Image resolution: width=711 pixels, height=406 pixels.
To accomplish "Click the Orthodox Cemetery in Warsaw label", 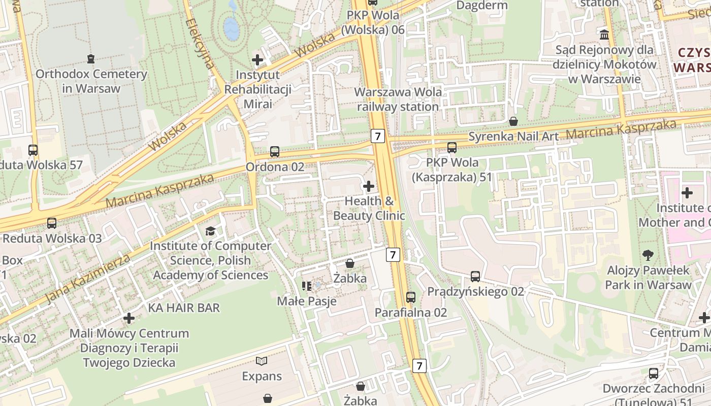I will pos(91,81).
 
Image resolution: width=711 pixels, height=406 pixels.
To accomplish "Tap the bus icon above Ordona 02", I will pos(275,151).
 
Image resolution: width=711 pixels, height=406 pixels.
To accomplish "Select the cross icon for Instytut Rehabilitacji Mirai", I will pos(257,60).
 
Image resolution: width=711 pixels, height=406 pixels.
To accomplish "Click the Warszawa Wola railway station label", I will pos(398,99).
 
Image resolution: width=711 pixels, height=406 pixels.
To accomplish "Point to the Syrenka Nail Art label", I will pos(513,136).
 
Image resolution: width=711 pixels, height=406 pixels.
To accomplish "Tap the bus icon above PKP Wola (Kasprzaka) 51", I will pos(451,148).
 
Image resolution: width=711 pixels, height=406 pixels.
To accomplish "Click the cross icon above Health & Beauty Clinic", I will pos(369,186).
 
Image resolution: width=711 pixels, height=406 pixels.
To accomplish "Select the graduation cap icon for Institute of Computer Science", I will pos(210,231).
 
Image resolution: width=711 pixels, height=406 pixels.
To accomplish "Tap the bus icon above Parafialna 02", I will pos(411,297).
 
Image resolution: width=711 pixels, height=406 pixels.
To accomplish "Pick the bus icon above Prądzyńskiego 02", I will pos(475,277).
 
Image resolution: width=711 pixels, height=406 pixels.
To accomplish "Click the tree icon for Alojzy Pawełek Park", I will pos(648,255).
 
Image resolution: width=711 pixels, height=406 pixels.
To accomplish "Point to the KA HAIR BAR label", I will pos(184,308).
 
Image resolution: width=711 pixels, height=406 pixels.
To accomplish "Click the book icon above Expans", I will pos(262,361).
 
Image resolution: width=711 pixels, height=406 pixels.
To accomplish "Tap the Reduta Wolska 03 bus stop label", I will pos(52,238).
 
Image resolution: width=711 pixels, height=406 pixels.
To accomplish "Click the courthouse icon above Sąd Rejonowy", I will pos(604,35).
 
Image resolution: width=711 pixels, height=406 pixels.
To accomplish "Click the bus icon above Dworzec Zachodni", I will pos(654,374).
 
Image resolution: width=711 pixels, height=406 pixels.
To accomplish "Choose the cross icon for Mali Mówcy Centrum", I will pos(129,318).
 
